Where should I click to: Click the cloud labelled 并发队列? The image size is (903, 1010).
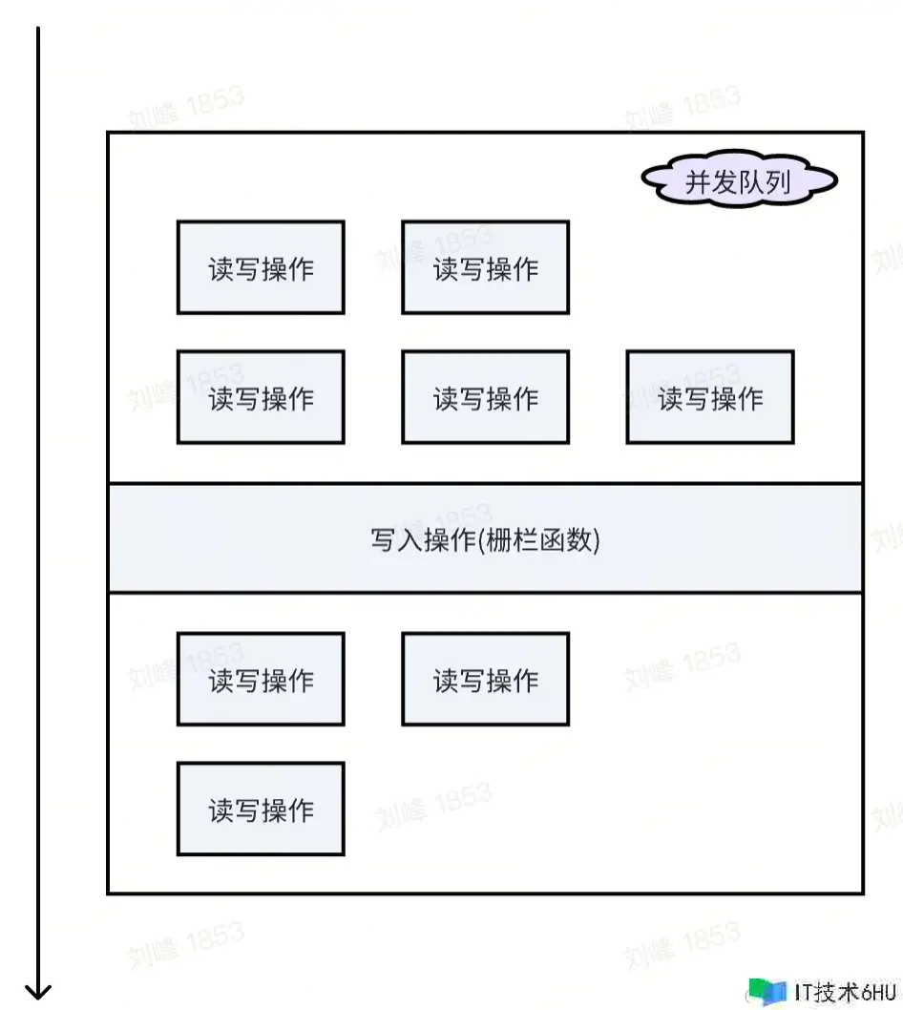click(x=739, y=181)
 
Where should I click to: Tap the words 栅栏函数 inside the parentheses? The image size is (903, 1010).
click(x=539, y=540)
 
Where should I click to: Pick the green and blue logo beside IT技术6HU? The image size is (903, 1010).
click(x=767, y=991)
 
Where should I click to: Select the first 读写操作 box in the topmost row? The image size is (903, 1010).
click(x=261, y=268)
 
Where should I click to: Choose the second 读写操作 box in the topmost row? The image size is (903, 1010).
click(x=485, y=268)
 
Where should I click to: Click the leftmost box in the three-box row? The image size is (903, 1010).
click(x=261, y=397)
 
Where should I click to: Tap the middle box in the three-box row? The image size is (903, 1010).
click(x=485, y=397)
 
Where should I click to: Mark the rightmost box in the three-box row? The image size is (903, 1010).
click(x=709, y=397)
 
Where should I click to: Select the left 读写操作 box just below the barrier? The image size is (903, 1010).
click(x=261, y=680)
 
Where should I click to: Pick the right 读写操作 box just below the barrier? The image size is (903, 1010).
click(x=485, y=680)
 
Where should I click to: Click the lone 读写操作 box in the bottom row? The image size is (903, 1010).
click(x=261, y=810)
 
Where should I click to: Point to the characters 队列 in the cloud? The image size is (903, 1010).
click(x=766, y=181)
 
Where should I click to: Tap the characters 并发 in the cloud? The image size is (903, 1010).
click(x=712, y=181)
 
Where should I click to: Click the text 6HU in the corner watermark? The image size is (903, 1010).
click(x=878, y=991)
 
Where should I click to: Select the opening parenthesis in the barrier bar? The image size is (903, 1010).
click(x=481, y=541)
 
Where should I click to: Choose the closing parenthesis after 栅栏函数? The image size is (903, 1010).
click(x=596, y=541)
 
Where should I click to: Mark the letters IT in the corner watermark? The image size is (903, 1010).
click(x=803, y=991)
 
